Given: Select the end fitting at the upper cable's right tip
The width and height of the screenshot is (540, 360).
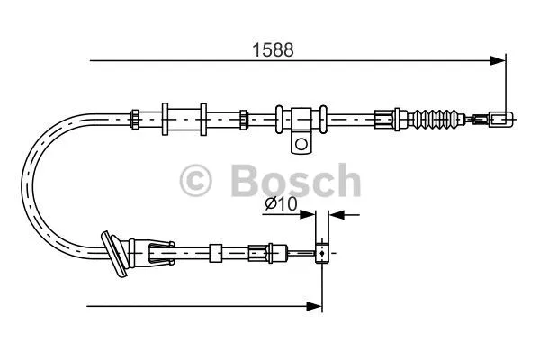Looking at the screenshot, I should click(x=500, y=117).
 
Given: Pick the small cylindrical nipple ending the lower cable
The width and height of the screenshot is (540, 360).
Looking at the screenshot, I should click(x=321, y=255).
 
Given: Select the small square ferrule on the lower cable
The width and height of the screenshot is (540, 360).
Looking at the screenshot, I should click(x=215, y=253).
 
